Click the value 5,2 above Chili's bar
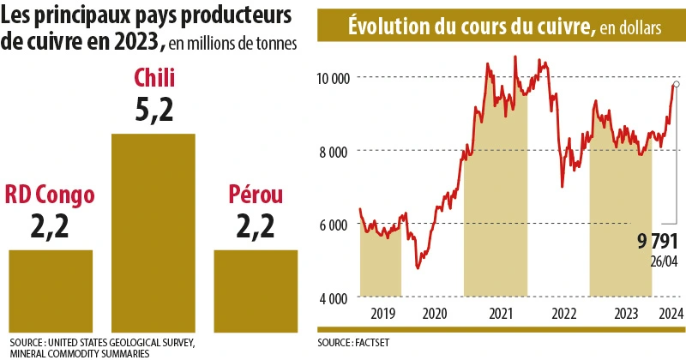coord(154,110)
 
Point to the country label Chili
coord(154,80)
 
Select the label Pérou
coord(256,195)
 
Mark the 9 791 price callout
coord(658,243)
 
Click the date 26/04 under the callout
coord(665,261)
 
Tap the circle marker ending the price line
coord(677,84)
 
